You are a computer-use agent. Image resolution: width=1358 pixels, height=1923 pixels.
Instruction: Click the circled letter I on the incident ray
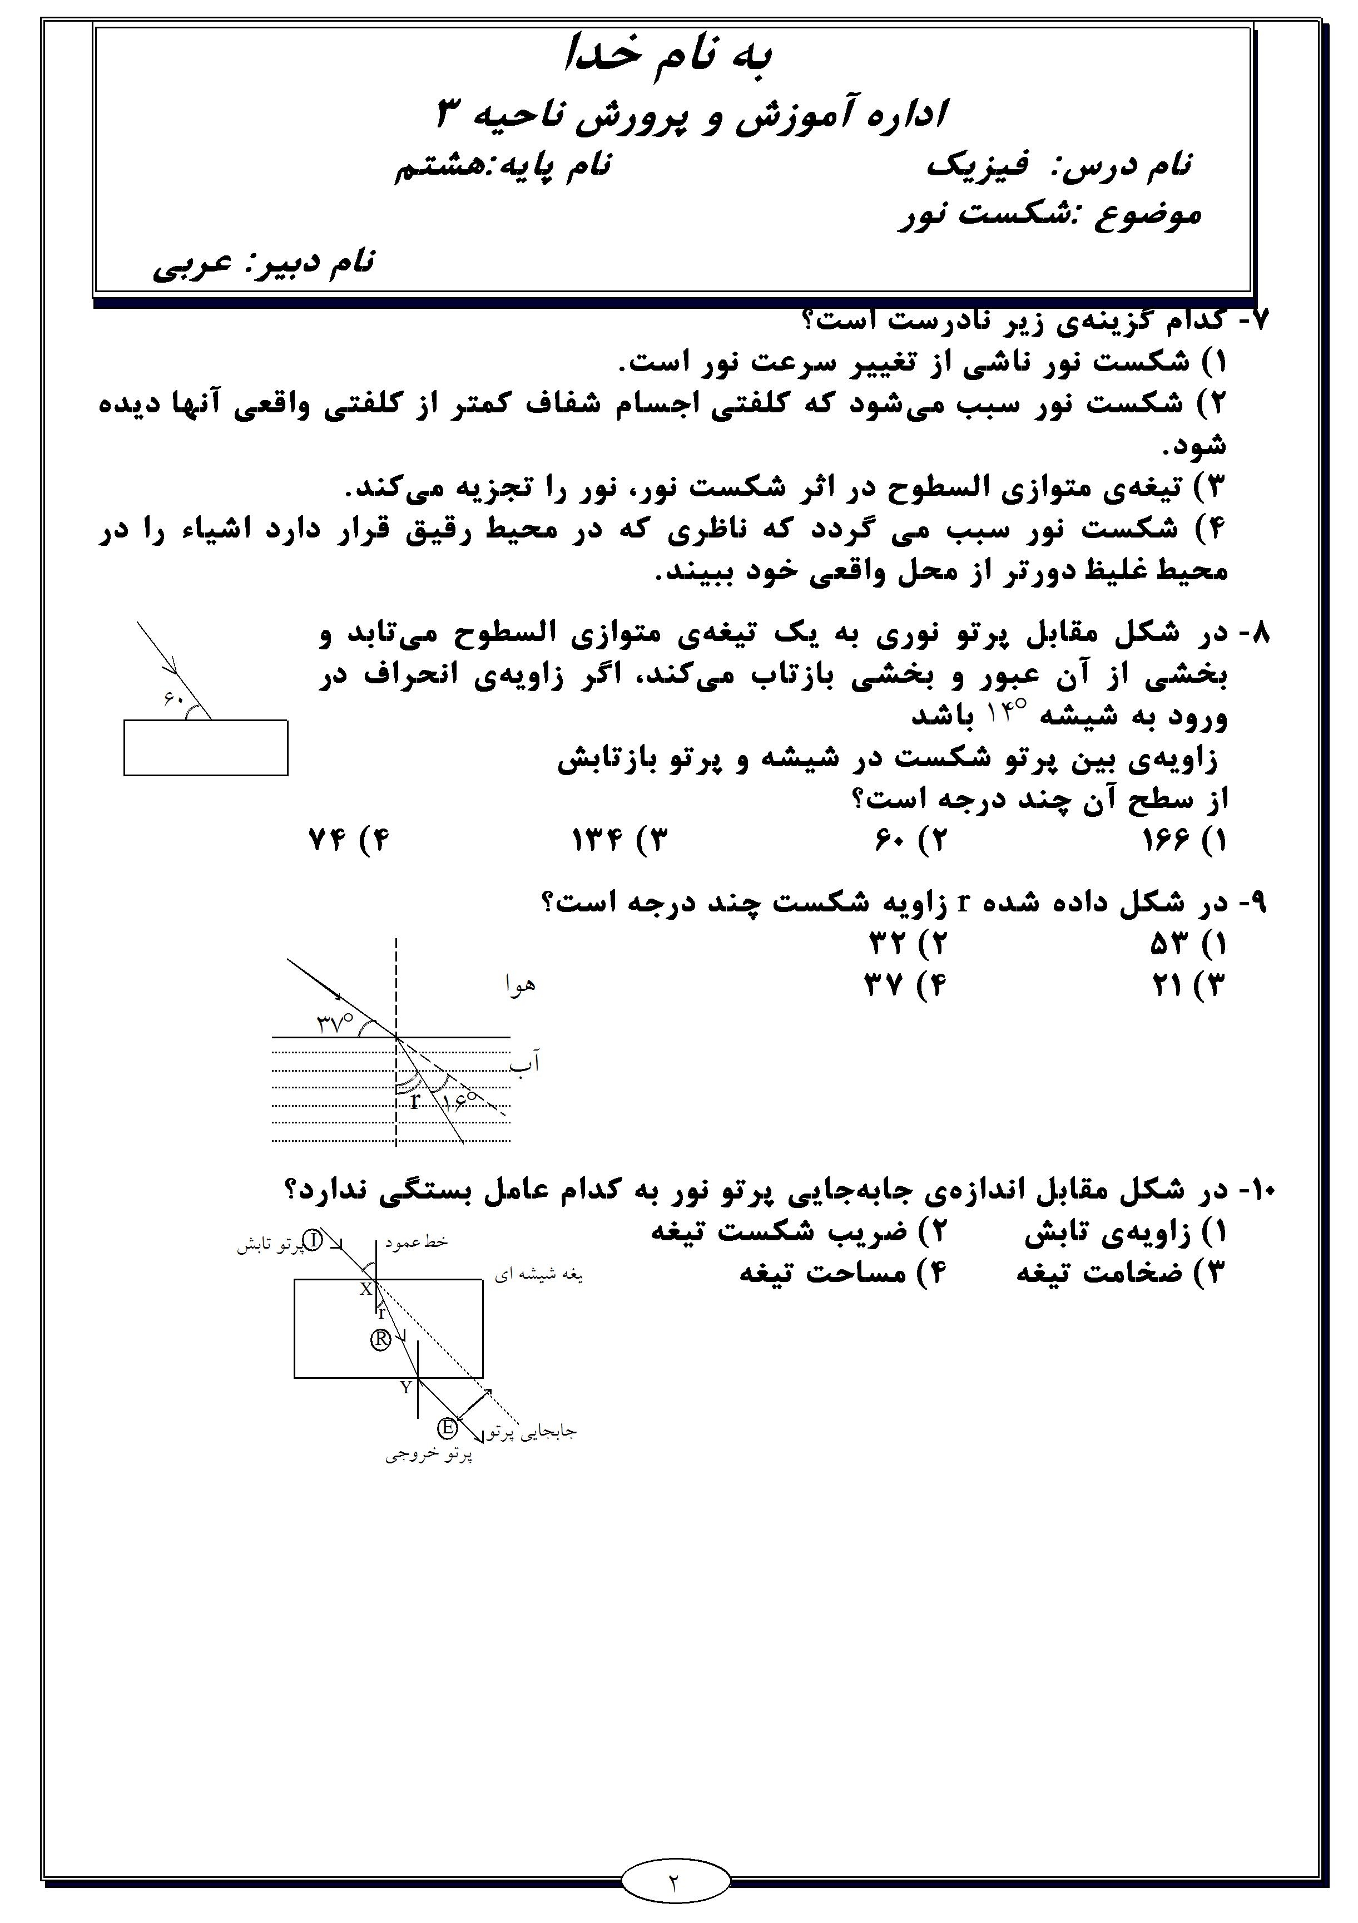click(x=311, y=1240)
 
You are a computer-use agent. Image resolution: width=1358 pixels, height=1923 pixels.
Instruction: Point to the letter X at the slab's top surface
click(x=366, y=1290)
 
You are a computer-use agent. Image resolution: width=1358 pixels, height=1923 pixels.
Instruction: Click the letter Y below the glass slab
click(x=406, y=1388)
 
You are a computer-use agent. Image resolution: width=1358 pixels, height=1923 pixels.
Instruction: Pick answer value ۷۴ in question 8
click(x=328, y=840)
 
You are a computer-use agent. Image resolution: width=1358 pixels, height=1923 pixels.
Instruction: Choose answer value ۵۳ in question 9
click(x=1168, y=945)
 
